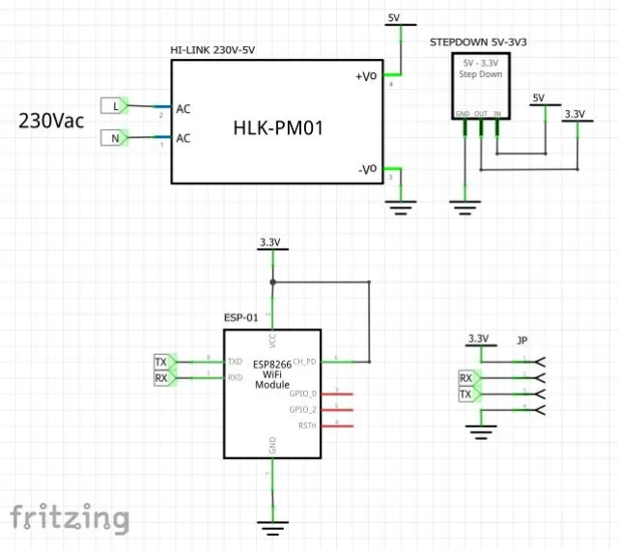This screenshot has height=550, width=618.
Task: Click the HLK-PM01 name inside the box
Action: tap(278, 126)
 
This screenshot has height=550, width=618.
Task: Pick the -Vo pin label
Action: tap(368, 169)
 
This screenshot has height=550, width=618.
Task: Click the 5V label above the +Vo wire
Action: tap(393, 17)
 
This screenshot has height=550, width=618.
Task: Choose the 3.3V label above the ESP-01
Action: tap(270, 241)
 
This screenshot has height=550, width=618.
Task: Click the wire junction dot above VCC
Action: tap(273, 283)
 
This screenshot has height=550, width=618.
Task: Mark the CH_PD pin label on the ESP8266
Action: tap(304, 361)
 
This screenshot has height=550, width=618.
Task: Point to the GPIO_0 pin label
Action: tap(303, 394)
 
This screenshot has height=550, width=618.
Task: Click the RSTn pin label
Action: tap(306, 425)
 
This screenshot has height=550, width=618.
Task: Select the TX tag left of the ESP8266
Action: tap(162, 362)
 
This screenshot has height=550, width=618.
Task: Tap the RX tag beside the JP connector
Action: tap(467, 378)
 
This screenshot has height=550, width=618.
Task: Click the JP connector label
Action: tap(522, 340)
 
